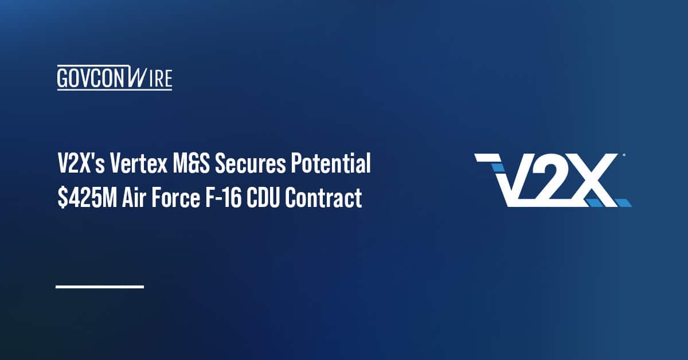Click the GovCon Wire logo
[115, 78]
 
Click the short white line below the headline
[99, 286]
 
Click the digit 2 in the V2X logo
[547, 180]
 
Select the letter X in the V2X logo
[593, 180]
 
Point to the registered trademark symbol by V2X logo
[623, 155]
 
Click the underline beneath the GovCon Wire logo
[115, 89]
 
